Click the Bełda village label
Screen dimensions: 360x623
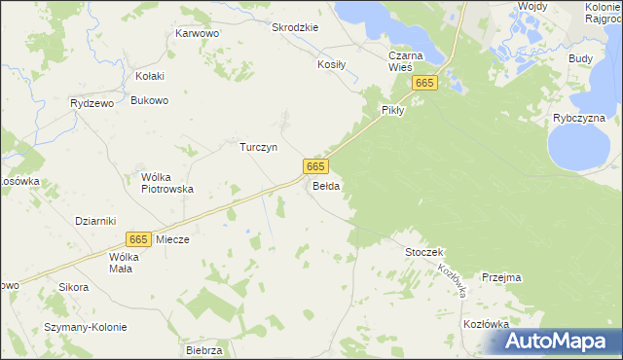pyautogui.click(x=326, y=186)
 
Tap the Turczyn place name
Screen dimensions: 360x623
pyautogui.click(x=260, y=147)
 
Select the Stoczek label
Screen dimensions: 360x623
pyautogui.click(x=424, y=252)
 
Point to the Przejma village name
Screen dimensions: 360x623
pyautogui.click(x=500, y=277)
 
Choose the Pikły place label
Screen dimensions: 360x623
pyautogui.click(x=392, y=111)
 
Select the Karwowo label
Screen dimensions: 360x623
pyautogui.click(x=197, y=33)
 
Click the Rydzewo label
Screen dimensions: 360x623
pyautogui.click(x=93, y=102)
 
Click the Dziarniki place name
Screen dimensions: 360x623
pyautogui.click(x=95, y=221)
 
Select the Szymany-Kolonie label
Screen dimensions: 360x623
pyautogui.click(x=85, y=327)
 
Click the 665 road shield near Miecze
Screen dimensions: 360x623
pyautogui.click(x=138, y=238)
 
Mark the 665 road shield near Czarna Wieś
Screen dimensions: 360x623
pyautogui.click(x=423, y=85)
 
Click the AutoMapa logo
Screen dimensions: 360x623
pyautogui.click(x=558, y=341)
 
